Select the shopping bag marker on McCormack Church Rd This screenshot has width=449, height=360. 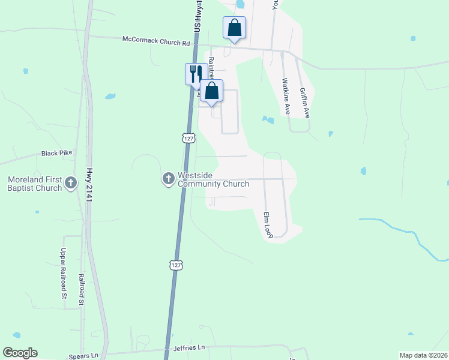coord(234,28)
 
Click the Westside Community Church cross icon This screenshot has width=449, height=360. coord(168,179)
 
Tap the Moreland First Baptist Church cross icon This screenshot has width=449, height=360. coord(71,183)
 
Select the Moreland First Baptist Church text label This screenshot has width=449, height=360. coord(35,184)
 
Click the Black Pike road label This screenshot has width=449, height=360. coord(56,153)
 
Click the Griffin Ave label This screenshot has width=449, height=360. coord(303,102)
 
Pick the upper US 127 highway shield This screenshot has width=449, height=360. coord(188,138)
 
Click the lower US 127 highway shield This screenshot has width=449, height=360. coord(175,265)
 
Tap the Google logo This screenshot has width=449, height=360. coord(20,353)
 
